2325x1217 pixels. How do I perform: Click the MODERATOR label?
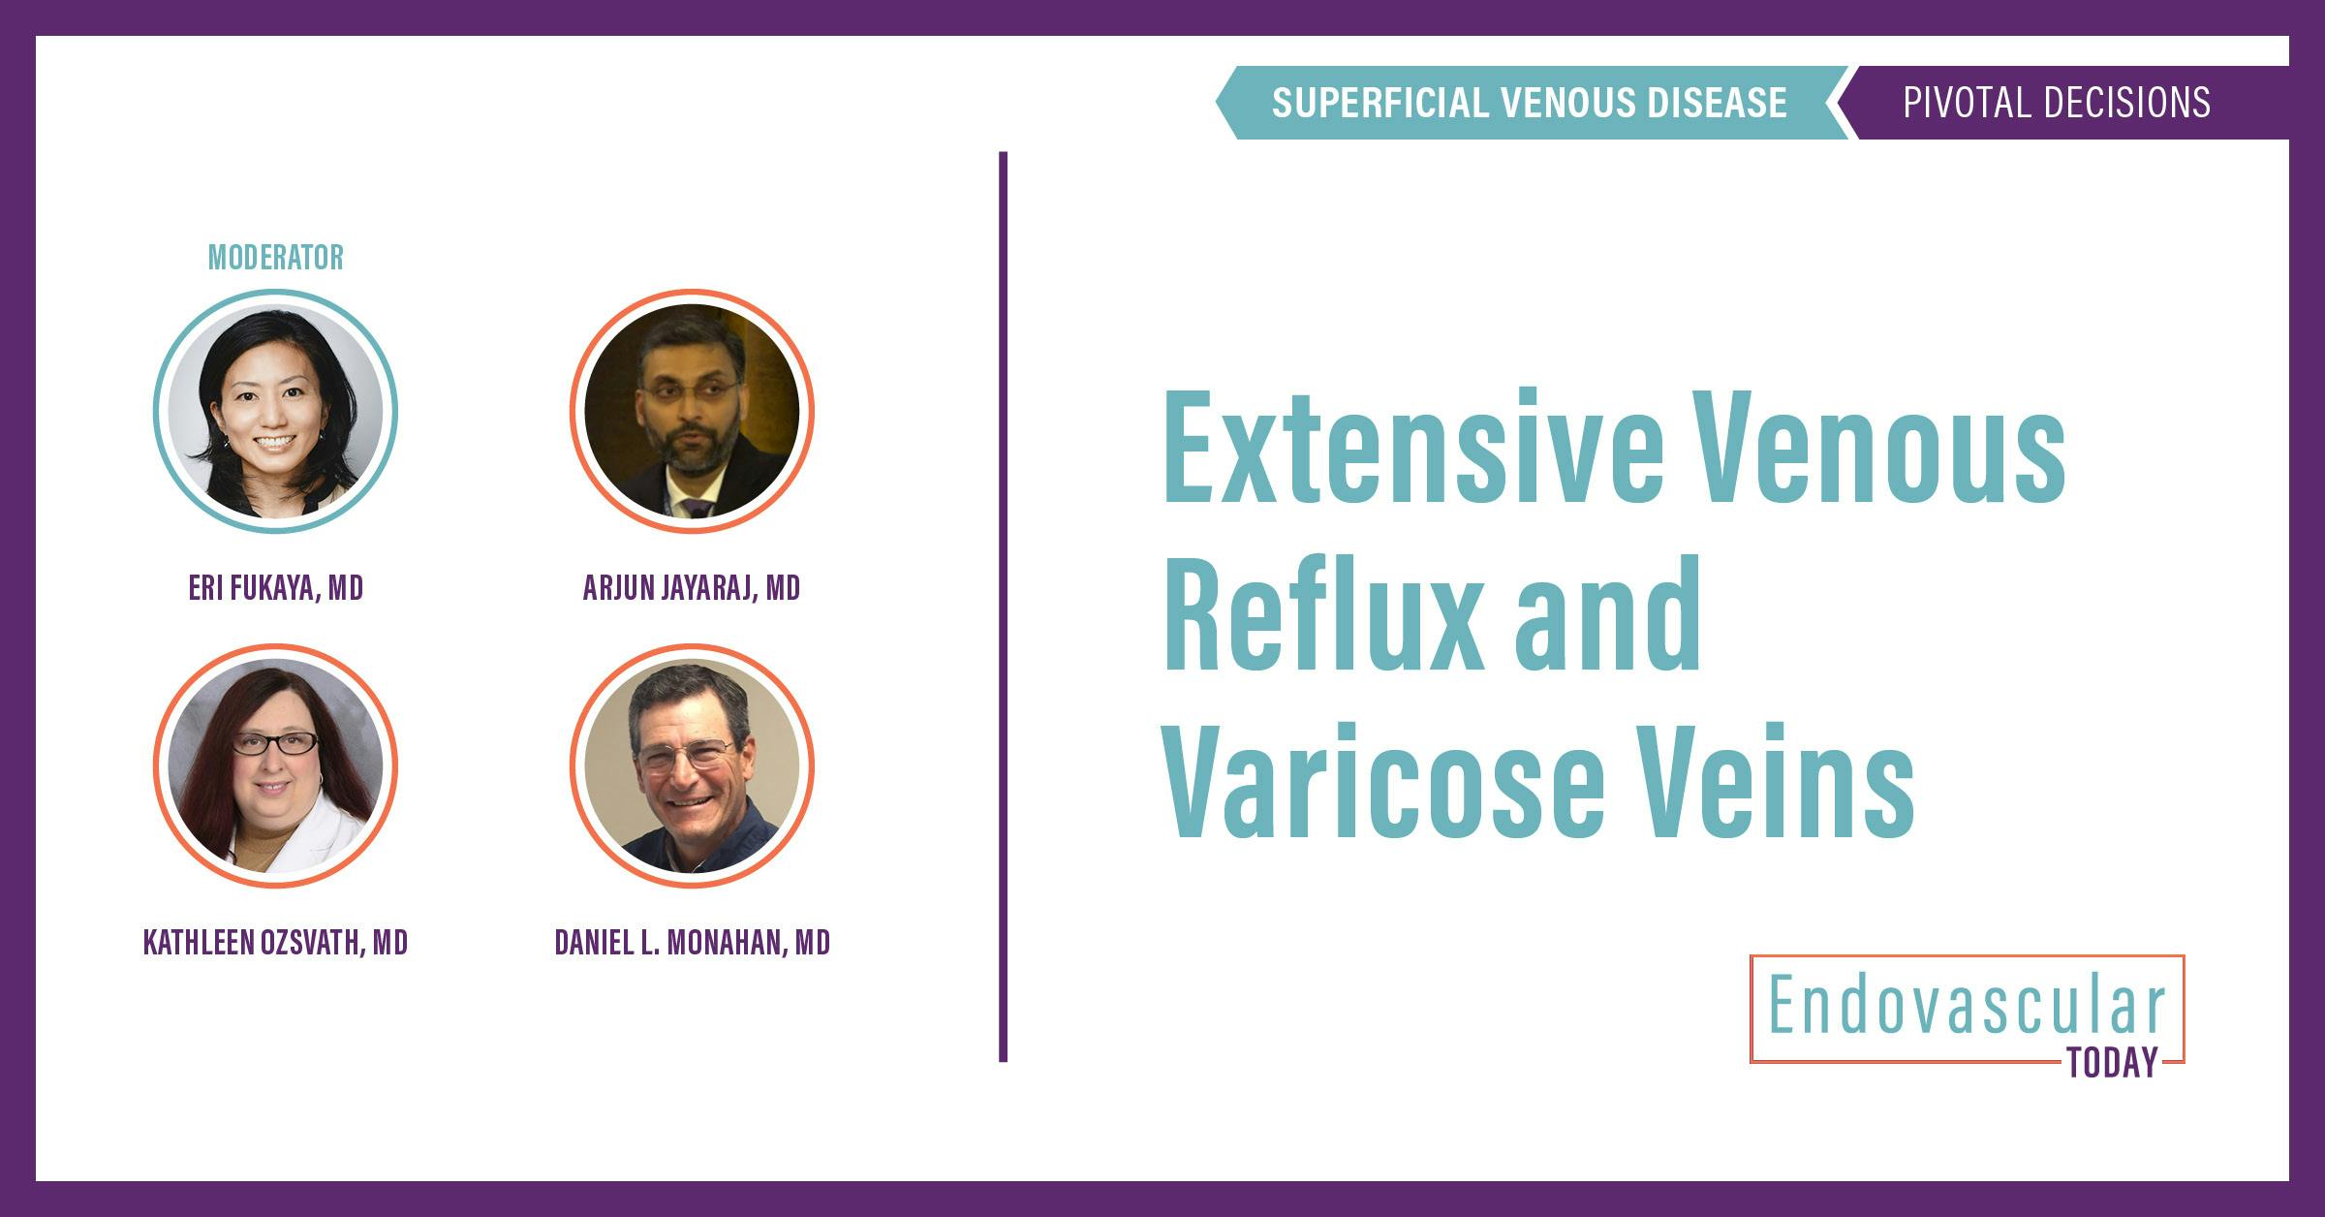coord(276,258)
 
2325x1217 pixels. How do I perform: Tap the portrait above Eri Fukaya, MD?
coord(275,411)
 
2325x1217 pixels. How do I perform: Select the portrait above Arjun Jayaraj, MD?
coord(692,411)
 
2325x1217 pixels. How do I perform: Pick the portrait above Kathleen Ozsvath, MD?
coord(275,765)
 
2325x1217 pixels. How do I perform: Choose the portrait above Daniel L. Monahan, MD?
coord(692,765)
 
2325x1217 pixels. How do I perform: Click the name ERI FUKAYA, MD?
coord(276,588)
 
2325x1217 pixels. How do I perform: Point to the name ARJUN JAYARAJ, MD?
coord(692,588)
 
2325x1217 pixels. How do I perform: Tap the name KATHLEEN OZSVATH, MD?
coord(276,943)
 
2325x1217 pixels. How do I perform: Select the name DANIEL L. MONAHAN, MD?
coord(692,943)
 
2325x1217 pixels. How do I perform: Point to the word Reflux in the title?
coord(1321,614)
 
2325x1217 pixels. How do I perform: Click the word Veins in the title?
coord(1779,781)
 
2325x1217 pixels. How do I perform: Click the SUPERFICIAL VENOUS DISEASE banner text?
coord(1529,103)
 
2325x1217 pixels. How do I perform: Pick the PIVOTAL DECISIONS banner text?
coord(2057,103)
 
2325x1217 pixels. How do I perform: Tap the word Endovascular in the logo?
coord(1967,1008)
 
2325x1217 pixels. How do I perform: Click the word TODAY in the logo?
coord(2113,1063)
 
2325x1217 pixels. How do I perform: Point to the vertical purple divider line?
coord(1003,607)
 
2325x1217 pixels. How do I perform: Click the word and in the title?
coord(1608,614)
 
